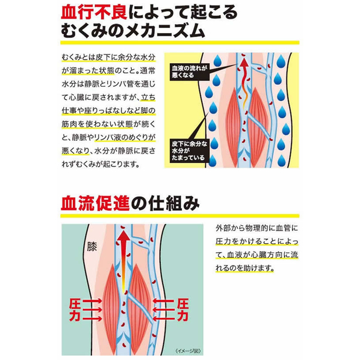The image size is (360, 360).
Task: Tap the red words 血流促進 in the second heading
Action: (x=95, y=203)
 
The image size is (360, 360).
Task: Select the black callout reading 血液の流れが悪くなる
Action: (x=190, y=72)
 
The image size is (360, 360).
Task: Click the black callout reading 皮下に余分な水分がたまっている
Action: (x=190, y=151)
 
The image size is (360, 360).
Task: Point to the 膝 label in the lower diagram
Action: (x=92, y=247)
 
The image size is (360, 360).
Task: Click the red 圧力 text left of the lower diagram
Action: (x=75, y=309)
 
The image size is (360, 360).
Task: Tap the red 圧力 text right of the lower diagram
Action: (x=183, y=309)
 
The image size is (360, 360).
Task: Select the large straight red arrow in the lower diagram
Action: (x=123, y=262)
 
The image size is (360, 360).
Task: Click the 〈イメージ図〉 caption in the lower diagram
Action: (x=188, y=351)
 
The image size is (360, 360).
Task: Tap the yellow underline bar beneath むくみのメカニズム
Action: (x=180, y=43)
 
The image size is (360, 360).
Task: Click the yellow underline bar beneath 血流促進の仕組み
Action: (x=180, y=216)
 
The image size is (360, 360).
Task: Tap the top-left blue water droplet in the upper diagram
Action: (x=217, y=61)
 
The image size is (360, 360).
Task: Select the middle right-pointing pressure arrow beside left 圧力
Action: (x=93, y=309)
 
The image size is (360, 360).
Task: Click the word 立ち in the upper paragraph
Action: (x=148, y=98)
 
